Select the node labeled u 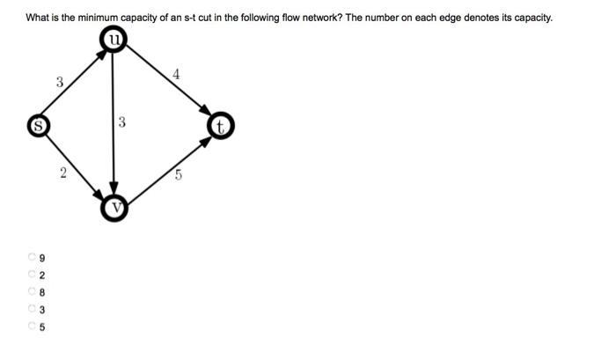coord(114,39)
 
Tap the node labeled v coord(114,208)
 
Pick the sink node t coord(221,127)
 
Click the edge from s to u coord(74,83)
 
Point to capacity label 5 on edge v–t coord(178,174)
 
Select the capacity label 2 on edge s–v coord(62,173)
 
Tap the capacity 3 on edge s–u coord(59,82)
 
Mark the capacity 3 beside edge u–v coord(122,123)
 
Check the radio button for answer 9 coord(32,258)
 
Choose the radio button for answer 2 coord(32,275)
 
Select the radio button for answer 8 coord(32,291)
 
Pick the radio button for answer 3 coord(32,308)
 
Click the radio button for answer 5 coord(32,326)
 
